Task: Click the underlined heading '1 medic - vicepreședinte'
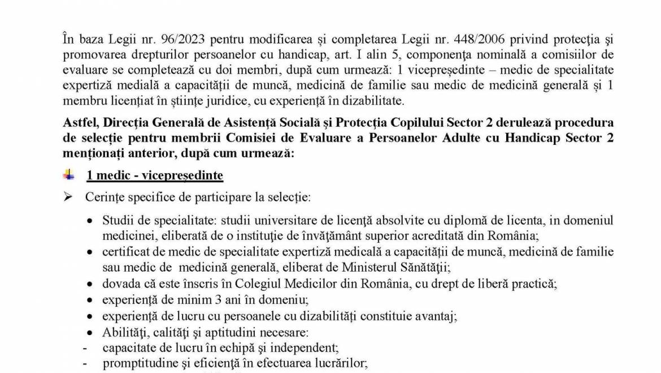tap(154, 175)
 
